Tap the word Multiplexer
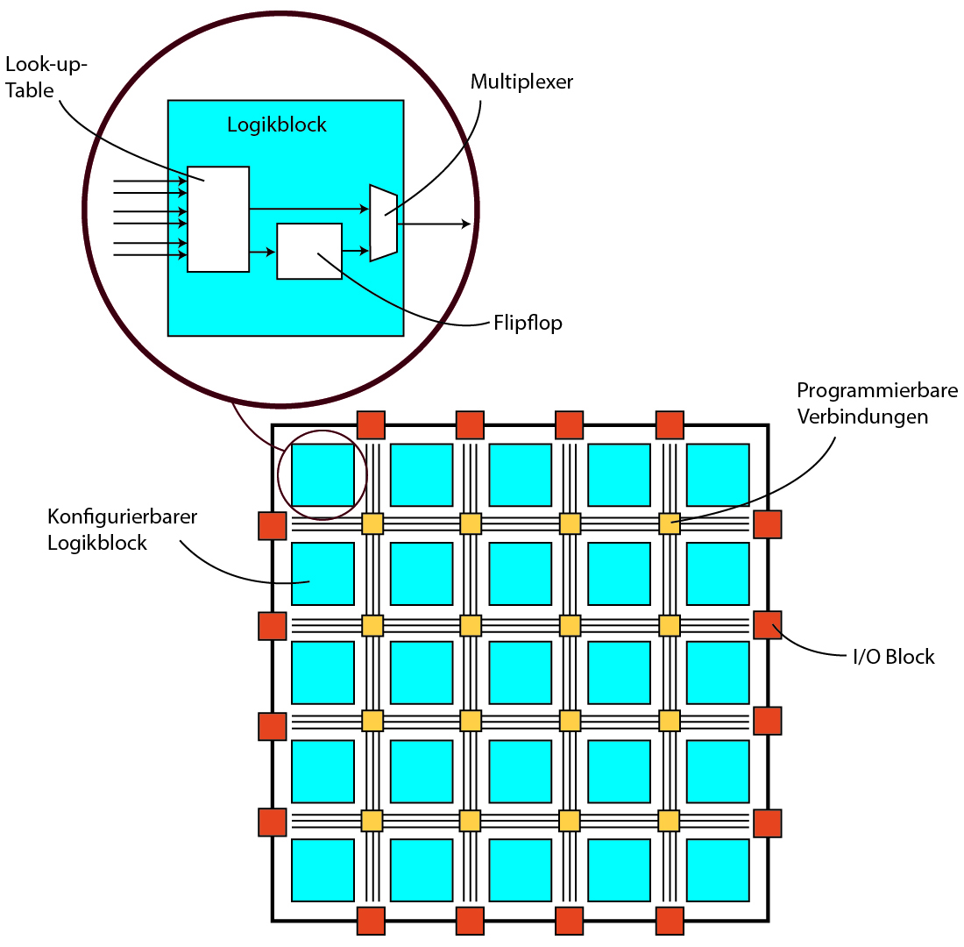521,82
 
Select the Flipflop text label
527,323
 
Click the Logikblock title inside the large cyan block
277,125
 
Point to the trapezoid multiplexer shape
383,223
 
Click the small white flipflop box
309,251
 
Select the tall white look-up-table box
218,219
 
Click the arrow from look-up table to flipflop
262,253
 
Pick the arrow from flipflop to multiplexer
356,251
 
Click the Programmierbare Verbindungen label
876,403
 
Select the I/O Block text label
894,657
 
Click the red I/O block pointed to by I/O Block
768,625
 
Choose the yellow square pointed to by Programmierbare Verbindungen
670,524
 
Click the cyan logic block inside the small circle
323,475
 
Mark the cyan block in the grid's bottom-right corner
718,870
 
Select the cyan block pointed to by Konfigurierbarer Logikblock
323,573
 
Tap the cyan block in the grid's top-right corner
718,475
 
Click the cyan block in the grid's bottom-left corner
323,870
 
